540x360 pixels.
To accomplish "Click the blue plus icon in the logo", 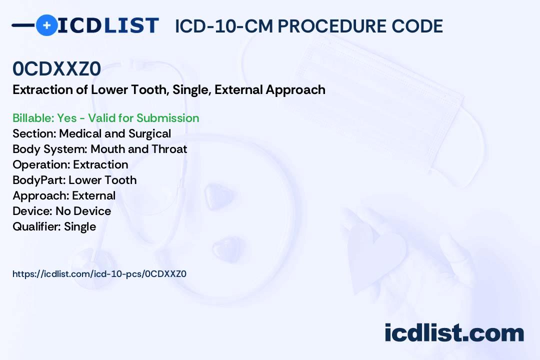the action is pyautogui.click(x=46, y=25).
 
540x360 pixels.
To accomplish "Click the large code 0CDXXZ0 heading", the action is pyautogui.click(x=57, y=68).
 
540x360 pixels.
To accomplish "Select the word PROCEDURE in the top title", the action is pyautogui.click(x=332, y=26).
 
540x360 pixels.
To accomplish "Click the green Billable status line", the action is pyautogui.click(x=105, y=118).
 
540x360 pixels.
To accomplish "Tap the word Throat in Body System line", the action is pyautogui.click(x=169, y=149).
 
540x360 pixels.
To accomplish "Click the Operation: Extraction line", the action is pyautogui.click(x=70, y=164).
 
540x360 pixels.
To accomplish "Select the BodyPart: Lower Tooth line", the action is pyautogui.click(x=74, y=180).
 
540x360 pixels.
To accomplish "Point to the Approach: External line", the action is pyautogui.click(x=64, y=195).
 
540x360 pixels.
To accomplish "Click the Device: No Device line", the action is pyautogui.click(x=61, y=211).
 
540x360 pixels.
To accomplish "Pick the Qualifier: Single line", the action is pyautogui.click(x=54, y=226).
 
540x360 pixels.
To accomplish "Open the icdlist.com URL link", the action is pyautogui.click(x=99, y=274).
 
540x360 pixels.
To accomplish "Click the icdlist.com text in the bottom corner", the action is pyautogui.click(x=454, y=332).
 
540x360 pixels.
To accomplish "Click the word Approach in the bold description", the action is pyautogui.click(x=295, y=90).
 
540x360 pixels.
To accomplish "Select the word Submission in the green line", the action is pyautogui.click(x=167, y=118).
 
